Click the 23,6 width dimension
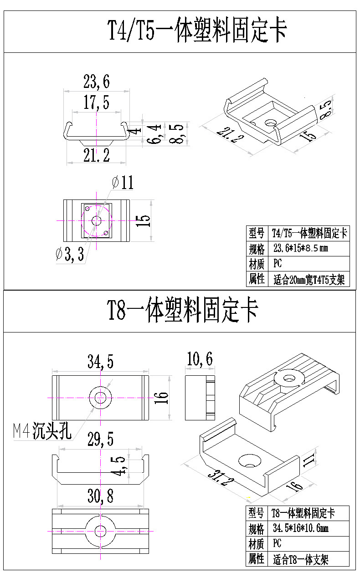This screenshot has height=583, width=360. (96, 82)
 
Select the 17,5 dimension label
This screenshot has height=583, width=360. (96, 102)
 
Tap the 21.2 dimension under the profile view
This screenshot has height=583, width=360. (96, 156)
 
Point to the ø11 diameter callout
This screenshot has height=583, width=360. (122, 183)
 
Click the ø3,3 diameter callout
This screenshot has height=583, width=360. (69, 255)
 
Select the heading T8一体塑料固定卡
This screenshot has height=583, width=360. (182, 311)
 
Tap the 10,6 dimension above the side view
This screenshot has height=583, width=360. (199, 359)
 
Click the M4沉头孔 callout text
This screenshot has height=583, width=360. (42, 431)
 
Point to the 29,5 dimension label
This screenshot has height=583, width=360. (100, 440)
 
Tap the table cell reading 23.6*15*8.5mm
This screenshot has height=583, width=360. (300, 249)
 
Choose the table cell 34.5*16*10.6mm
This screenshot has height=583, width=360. (300, 528)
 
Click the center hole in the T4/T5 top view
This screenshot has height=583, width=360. (96, 220)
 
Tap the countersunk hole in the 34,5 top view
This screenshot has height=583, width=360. (100, 398)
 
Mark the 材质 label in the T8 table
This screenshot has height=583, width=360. (257, 543)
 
